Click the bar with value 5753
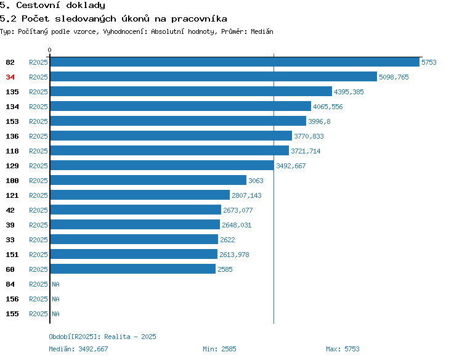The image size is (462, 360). [x=235, y=62]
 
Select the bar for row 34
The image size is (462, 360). [x=214, y=76]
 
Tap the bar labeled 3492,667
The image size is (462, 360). [x=162, y=165]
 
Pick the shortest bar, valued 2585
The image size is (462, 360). [x=133, y=269]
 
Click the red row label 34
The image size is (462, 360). [x=10, y=77]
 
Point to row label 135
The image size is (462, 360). [x=12, y=92]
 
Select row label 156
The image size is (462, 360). [x=12, y=299]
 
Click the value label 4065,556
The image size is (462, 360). [x=328, y=107]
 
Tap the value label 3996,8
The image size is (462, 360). [x=319, y=121]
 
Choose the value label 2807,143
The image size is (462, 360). [x=246, y=195]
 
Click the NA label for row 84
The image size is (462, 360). [x=55, y=284]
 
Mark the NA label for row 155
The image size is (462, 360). [x=55, y=314]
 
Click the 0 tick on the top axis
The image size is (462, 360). [x=49, y=50]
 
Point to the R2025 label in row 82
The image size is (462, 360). [x=38, y=62]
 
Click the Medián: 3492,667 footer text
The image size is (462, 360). [x=78, y=349]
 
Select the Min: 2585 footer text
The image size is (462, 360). [x=219, y=349]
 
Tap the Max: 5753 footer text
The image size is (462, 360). [x=342, y=349]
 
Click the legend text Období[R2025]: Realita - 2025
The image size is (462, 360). [x=102, y=337]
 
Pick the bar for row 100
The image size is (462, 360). [x=148, y=180]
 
